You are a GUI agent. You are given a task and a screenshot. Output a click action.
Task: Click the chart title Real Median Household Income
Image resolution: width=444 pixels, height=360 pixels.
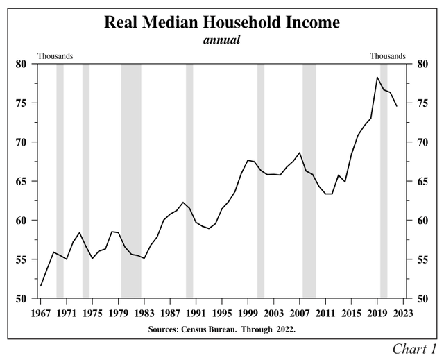pos(222,22)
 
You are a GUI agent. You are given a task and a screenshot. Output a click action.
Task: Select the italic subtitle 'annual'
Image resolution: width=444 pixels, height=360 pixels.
pos(221,40)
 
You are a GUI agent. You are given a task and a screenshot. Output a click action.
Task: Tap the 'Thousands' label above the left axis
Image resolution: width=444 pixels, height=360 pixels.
pos(55,55)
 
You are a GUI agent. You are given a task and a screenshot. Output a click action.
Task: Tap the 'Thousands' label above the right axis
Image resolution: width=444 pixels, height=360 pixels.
pos(388,55)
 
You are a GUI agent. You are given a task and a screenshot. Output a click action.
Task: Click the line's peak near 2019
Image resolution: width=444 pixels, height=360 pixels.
pos(377,77)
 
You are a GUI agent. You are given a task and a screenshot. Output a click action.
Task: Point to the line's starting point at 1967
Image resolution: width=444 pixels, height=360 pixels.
pos(41,286)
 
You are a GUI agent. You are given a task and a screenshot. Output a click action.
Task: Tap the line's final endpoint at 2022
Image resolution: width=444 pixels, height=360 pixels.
pos(397,106)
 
